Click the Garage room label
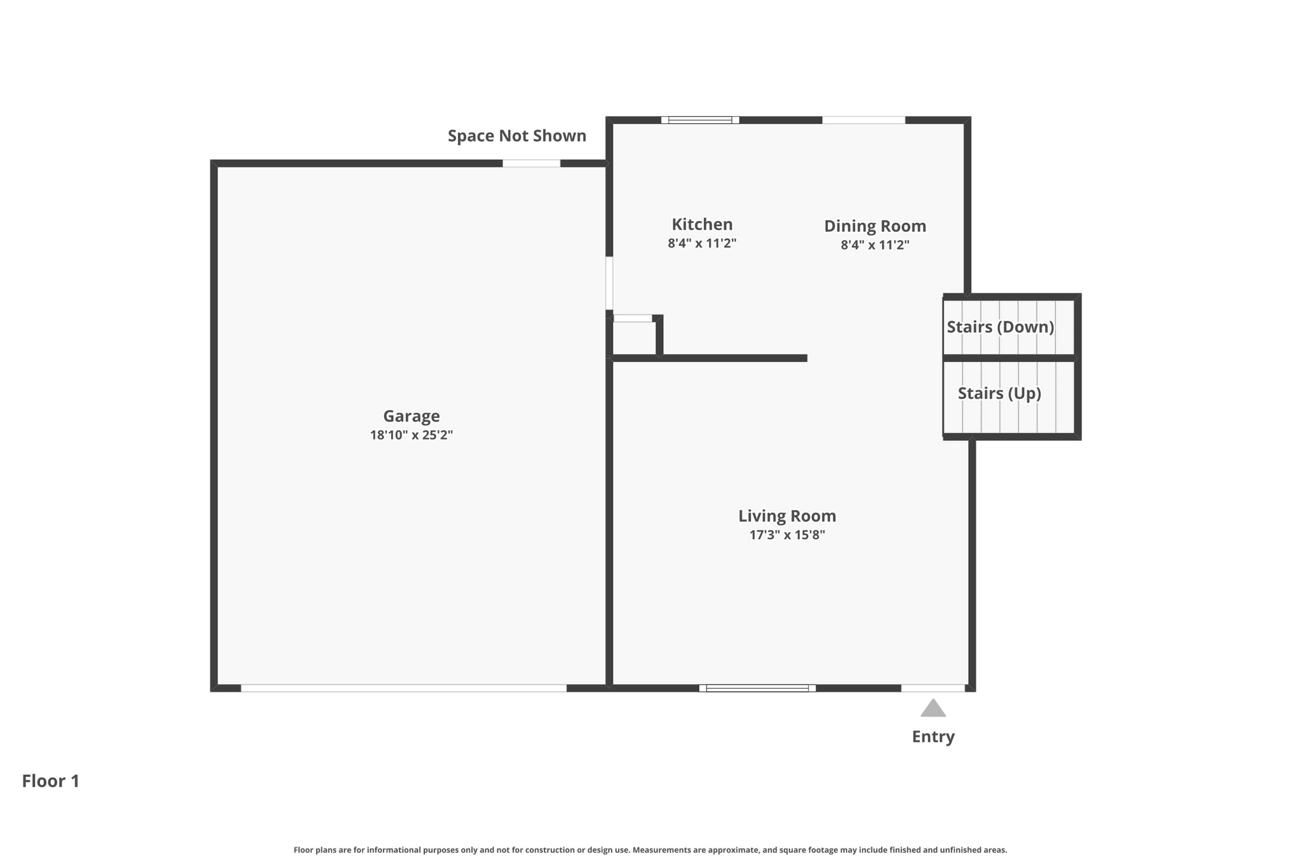(411, 416)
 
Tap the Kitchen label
(702, 224)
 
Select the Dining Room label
(875, 226)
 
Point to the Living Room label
(787, 516)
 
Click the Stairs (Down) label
(1001, 327)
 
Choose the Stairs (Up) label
(999, 394)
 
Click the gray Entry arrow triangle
(933, 708)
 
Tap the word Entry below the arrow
(933, 737)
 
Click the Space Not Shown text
(517, 136)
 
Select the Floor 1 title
(51, 781)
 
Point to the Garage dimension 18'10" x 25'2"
(411, 435)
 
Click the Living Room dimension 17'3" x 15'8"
(787, 535)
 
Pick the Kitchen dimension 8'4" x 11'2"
(702, 243)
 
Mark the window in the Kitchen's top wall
(700, 120)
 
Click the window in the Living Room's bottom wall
(757, 688)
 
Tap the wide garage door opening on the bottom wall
(403, 688)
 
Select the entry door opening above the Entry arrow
(933, 688)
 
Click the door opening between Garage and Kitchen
(609, 283)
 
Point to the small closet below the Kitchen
(634, 339)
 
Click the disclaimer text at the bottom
(650, 850)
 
